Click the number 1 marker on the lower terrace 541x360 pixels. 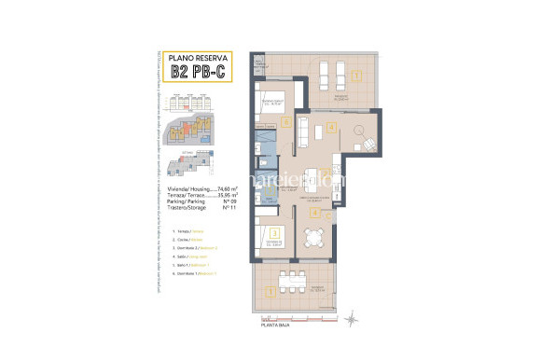pyautogui.click(x=270, y=292)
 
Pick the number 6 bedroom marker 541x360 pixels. pyautogui.click(x=287, y=121)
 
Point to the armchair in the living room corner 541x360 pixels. pyautogui.click(x=368, y=145)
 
